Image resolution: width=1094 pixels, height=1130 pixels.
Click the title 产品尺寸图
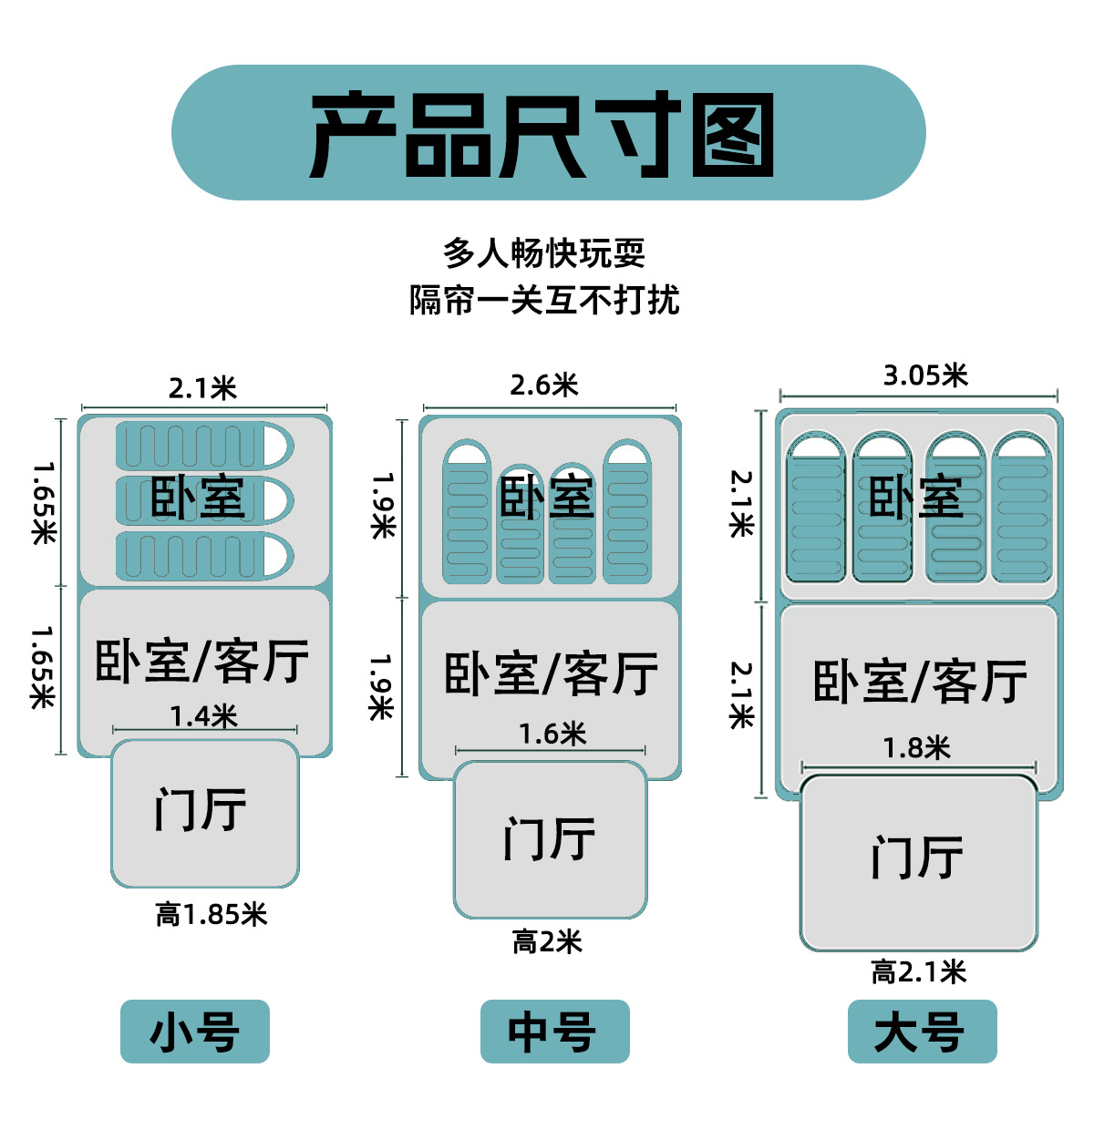point(543,135)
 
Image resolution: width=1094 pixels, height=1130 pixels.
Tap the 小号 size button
point(195,1032)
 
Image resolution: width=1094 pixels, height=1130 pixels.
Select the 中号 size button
point(554,1032)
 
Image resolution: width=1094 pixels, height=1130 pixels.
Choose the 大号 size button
point(922,1032)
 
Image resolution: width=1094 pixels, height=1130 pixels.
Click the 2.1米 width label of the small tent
point(202,389)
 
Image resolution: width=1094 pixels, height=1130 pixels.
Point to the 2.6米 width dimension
point(544,385)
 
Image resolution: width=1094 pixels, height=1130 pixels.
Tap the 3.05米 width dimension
point(925,375)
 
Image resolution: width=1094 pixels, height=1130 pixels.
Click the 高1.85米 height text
point(212,914)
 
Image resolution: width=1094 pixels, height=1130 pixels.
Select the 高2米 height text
point(547,941)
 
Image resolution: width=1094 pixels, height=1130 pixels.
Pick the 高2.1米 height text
point(918,971)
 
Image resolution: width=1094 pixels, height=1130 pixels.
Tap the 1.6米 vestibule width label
point(552,734)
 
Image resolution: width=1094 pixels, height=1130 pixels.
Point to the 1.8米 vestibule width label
point(917,748)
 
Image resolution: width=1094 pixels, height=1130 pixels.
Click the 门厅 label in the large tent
point(917,858)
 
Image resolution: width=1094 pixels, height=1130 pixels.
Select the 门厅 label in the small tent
point(201,809)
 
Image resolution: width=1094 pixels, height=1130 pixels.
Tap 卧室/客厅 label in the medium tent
point(551,674)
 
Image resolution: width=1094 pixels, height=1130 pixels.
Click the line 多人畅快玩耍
point(544,253)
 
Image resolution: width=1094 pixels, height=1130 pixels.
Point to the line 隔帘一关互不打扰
point(544,300)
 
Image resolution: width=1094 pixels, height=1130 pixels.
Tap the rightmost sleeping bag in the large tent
point(1022,510)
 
